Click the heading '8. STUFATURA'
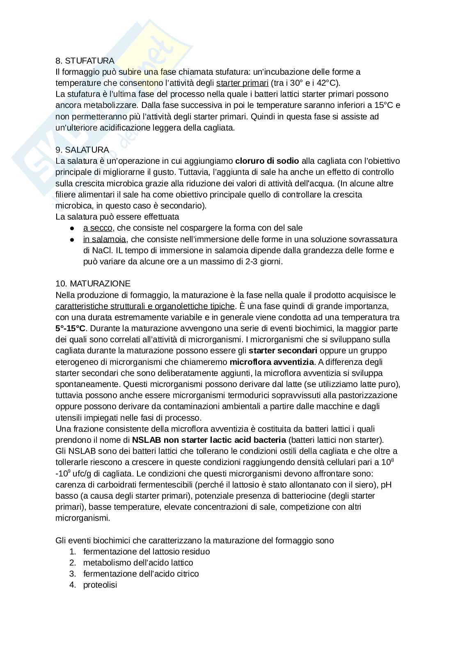click(x=85, y=61)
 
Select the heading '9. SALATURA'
click(x=82, y=150)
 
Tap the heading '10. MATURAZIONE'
click(x=93, y=284)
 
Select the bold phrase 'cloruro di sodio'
click(x=267, y=161)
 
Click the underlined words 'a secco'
click(x=98, y=228)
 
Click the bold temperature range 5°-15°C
click(x=71, y=328)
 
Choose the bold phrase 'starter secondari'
click(x=283, y=350)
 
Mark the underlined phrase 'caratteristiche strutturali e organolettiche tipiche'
click(x=145, y=306)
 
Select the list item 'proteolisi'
click(x=100, y=585)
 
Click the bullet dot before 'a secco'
click(x=72, y=228)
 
